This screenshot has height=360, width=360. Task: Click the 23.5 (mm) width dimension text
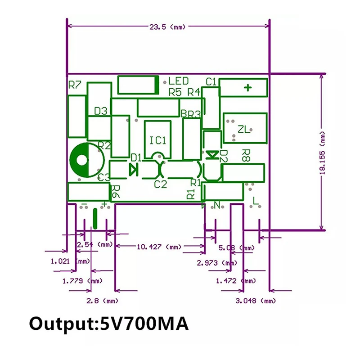[x=167, y=27]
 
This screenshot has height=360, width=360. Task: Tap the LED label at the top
[x=179, y=81]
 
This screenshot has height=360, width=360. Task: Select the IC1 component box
[x=158, y=139]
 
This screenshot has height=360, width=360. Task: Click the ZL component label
[x=243, y=130]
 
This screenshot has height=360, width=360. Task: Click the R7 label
[x=75, y=85]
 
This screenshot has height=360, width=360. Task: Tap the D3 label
[x=101, y=111]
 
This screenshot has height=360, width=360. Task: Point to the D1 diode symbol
[x=133, y=169]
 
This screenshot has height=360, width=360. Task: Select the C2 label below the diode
[x=160, y=184]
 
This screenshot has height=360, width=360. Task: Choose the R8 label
[x=246, y=156]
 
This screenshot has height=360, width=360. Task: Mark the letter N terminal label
[x=217, y=206]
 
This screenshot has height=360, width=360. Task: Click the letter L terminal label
[x=256, y=201]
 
